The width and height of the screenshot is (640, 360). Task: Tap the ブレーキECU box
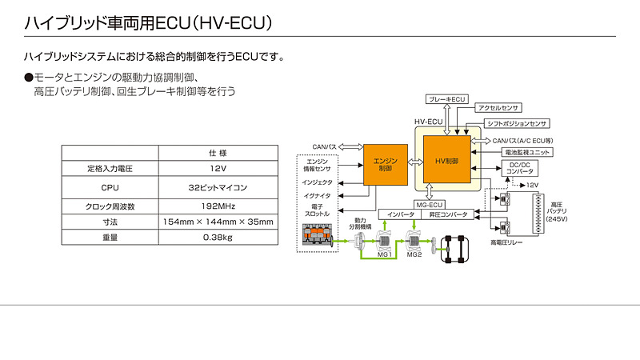447,98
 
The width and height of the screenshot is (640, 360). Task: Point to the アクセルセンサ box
498,107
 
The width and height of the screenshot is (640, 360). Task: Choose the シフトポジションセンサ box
516,124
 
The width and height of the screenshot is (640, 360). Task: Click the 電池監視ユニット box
527,152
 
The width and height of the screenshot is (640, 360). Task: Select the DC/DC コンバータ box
521,168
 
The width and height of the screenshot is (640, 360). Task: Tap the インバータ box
402,214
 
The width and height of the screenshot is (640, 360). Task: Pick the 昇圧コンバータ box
447,214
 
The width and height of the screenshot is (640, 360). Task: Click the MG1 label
384,254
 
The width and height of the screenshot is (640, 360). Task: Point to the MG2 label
414,254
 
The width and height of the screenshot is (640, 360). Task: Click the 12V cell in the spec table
218,169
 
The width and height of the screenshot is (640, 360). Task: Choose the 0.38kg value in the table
218,238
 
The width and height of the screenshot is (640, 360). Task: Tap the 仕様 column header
218,152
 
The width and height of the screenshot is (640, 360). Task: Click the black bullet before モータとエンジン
29,77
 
